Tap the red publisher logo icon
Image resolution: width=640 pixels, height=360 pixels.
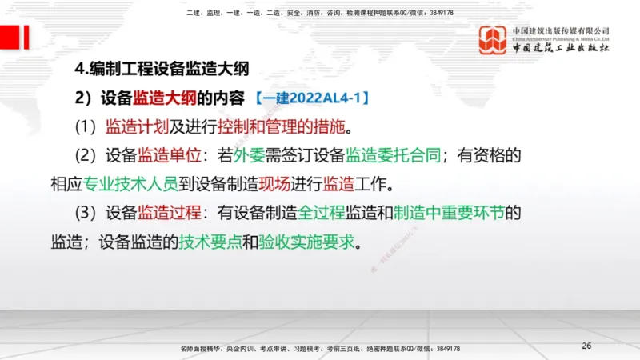493,40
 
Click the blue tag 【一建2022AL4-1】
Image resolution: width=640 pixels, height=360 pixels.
312,98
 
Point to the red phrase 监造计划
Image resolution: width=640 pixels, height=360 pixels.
136,127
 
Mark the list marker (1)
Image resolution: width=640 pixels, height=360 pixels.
85,127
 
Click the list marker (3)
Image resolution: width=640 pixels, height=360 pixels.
85,214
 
